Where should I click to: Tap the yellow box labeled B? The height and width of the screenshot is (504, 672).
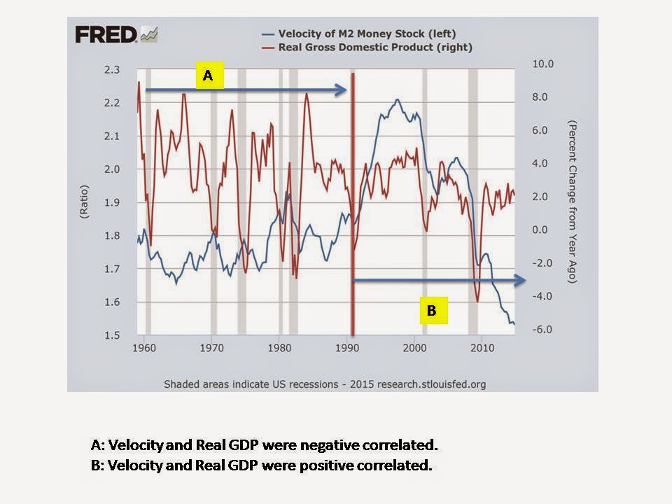click(432, 311)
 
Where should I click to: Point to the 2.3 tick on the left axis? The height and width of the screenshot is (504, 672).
click(112, 70)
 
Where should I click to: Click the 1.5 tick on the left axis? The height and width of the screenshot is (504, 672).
click(112, 336)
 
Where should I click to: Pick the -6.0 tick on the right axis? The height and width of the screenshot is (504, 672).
click(524, 330)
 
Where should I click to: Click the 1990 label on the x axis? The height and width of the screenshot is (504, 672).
click(347, 348)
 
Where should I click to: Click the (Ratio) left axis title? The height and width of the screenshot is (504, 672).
click(85, 203)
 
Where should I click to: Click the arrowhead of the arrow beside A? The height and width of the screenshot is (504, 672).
click(342, 90)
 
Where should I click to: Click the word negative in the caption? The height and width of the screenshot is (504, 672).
click(310, 445)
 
